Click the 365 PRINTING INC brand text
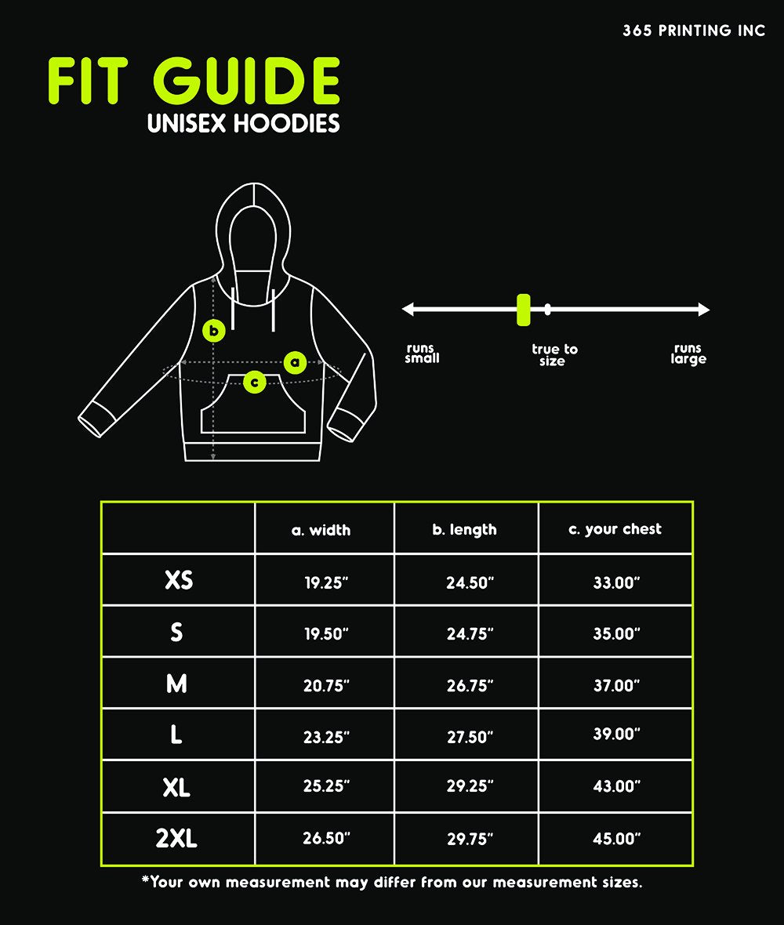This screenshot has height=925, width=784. (x=694, y=31)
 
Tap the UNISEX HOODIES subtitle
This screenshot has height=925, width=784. (x=244, y=124)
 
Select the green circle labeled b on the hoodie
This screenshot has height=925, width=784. (x=214, y=331)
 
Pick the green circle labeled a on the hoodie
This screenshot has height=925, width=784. (x=295, y=362)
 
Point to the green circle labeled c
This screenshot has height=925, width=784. (x=254, y=382)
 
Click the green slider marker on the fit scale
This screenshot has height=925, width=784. (x=523, y=310)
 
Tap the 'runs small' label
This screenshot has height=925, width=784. (x=422, y=354)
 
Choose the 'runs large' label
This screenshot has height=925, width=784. (x=688, y=354)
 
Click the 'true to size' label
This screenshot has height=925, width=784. (x=554, y=355)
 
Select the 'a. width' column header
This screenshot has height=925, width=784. (x=321, y=530)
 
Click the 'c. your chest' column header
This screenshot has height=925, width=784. (x=615, y=529)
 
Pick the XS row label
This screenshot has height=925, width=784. (x=179, y=580)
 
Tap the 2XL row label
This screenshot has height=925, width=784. (x=176, y=839)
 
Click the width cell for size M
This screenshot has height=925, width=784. (x=326, y=685)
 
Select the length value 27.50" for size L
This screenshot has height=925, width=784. (x=470, y=737)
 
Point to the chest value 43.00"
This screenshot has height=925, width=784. (x=616, y=786)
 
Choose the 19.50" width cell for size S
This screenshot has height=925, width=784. (x=326, y=634)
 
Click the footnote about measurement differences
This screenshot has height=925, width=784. (x=392, y=883)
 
